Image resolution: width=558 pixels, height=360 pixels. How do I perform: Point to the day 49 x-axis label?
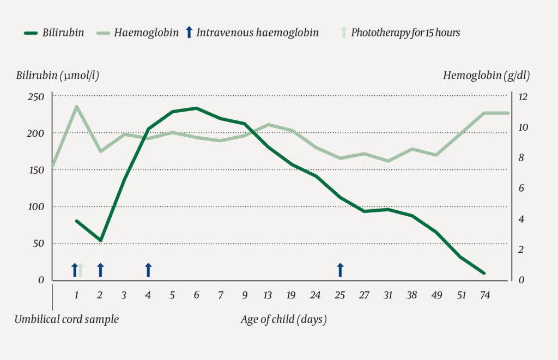point(436,295)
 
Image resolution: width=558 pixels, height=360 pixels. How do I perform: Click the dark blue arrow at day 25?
point(340,270)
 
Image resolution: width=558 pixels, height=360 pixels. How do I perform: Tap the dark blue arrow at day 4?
point(148,270)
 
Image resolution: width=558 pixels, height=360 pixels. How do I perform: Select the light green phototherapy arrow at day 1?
point(80,270)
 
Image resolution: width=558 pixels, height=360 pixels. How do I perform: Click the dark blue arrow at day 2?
point(100,270)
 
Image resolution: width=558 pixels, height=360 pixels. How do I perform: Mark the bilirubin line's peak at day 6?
point(196,108)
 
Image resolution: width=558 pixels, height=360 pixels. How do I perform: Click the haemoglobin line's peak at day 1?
point(76,106)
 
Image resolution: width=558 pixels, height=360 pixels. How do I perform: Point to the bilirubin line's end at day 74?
point(484,273)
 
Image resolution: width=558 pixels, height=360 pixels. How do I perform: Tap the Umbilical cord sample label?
point(66,319)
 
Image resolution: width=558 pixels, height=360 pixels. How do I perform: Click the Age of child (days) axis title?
point(283,319)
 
